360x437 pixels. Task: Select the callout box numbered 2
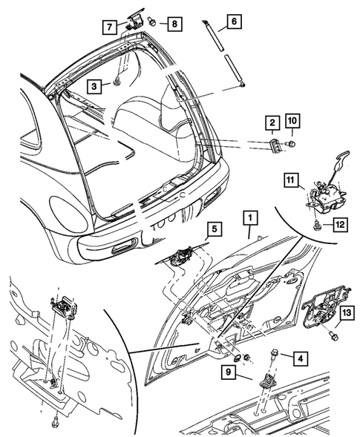click(x=272, y=122)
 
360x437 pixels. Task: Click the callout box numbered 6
click(x=232, y=22)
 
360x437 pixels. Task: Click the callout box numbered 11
click(x=291, y=180)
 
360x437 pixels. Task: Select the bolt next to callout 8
click(x=152, y=22)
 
